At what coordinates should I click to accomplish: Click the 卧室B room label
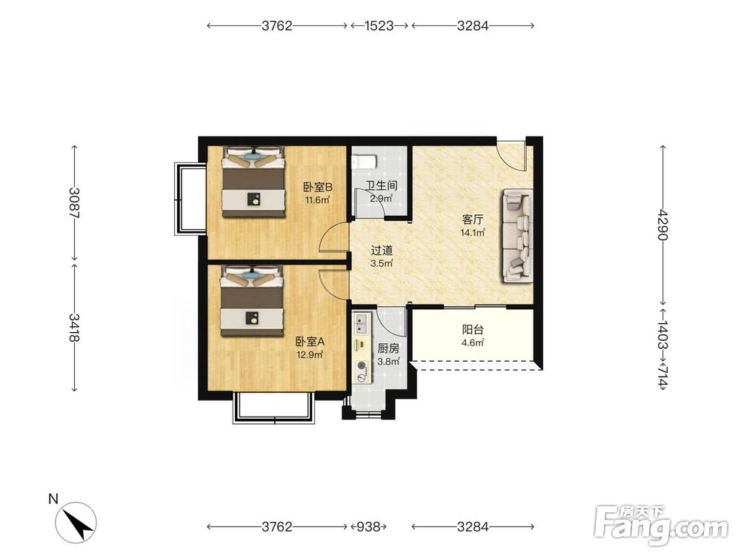click(317, 188)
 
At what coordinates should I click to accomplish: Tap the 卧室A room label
click(310, 341)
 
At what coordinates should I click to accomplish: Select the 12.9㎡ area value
click(310, 354)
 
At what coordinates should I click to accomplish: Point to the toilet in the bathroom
click(364, 162)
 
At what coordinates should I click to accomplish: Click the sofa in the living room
click(518, 236)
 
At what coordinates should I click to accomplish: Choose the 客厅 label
click(473, 220)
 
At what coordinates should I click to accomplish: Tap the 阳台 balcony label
click(473, 330)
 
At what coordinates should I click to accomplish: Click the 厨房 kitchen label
click(388, 349)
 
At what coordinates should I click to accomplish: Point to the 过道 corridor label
click(382, 251)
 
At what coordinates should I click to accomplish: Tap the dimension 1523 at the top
click(379, 25)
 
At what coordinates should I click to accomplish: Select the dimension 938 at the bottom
click(368, 526)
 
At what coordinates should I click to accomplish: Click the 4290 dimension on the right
click(663, 225)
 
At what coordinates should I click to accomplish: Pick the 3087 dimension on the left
click(74, 203)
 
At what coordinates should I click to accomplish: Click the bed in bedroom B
click(254, 182)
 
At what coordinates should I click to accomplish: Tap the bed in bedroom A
click(253, 301)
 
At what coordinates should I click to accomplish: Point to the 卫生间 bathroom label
click(382, 185)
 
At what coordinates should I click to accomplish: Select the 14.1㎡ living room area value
click(473, 233)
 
